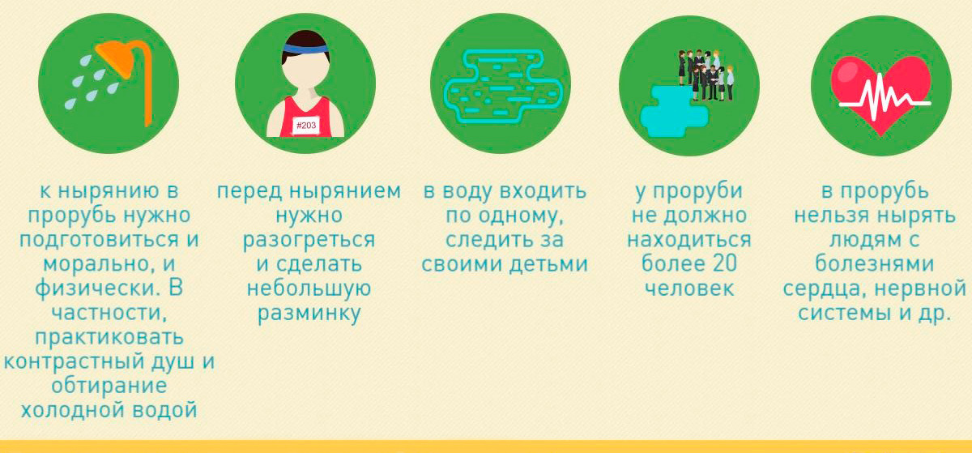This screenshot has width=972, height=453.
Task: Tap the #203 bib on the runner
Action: click(x=306, y=126)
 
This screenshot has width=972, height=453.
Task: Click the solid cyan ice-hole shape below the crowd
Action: click(x=674, y=111)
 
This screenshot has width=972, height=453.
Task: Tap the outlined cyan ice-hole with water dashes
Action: click(x=503, y=86)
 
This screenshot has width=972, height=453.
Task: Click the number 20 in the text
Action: click(x=724, y=263)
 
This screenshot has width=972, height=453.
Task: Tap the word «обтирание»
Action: click(x=109, y=386)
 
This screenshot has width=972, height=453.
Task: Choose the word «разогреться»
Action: click(x=309, y=240)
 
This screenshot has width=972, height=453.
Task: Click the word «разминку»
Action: click(x=309, y=314)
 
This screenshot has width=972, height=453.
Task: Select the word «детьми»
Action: click(x=548, y=264)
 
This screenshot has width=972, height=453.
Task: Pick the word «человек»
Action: click(x=689, y=288)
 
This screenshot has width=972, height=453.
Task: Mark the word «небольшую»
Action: click(x=309, y=288)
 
